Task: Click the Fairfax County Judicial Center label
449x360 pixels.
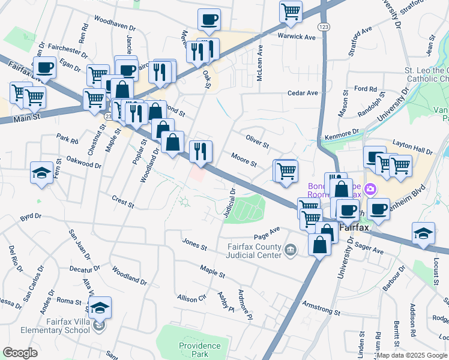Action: pyautogui.click(x=254, y=251)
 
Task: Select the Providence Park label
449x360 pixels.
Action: pyautogui.click(x=200, y=350)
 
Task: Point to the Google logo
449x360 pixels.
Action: pyautogui.click(x=20, y=352)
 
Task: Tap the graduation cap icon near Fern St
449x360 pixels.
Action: pyautogui.click(x=41, y=173)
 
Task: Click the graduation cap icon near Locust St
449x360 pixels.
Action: pyautogui.click(x=423, y=234)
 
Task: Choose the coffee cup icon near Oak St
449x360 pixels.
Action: pyautogui.click(x=209, y=20)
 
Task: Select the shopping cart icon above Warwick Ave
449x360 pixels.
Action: pyautogui.click(x=291, y=11)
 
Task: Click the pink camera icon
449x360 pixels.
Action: pyautogui.click(x=370, y=190)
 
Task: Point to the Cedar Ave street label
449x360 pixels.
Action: pyautogui.click(x=303, y=93)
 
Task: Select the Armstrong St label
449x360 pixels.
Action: pyautogui.click(x=321, y=308)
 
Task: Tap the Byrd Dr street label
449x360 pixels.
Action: pyautogui.click(x=30, y=215)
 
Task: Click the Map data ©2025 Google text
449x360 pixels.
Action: pyautogui.click(x=412, y=355)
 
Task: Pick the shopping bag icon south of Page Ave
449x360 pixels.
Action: pyautogui.click(x=320, y=244)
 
